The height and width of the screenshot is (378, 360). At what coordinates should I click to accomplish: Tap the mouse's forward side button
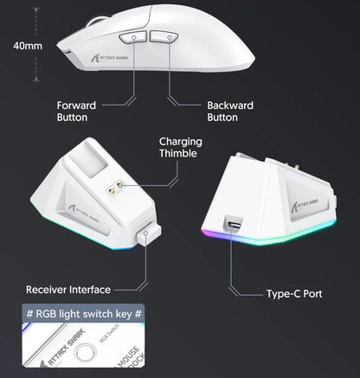pos(132,38)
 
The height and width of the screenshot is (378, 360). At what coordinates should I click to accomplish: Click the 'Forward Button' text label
pos(76,111)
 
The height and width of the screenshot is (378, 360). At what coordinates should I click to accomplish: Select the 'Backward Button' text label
pos(229,111)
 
